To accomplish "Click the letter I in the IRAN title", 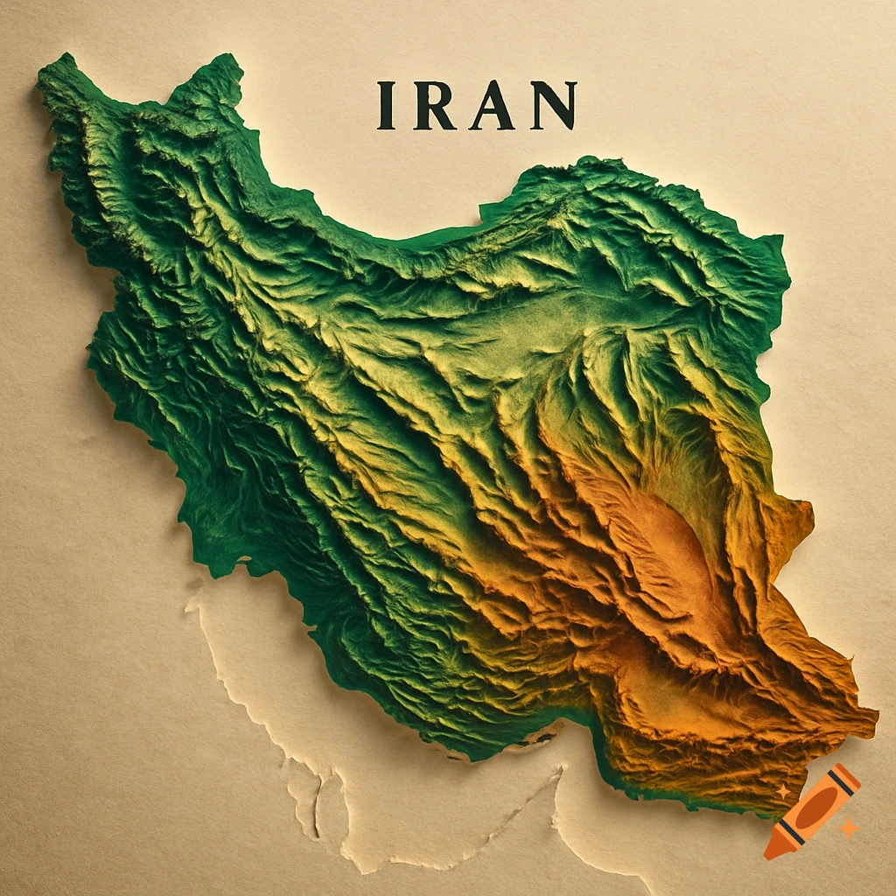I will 383,106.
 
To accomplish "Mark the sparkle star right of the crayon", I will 847,826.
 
